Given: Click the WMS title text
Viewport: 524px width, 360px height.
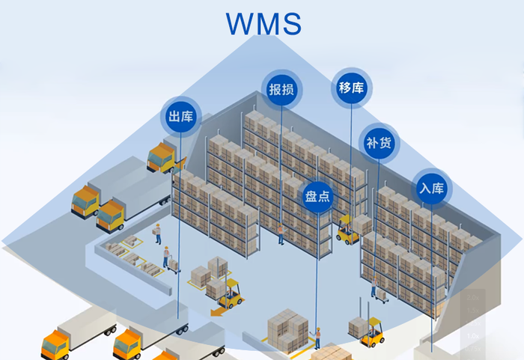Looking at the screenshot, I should coord(264,22).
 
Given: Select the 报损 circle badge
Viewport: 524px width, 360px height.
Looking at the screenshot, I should coord(281,91).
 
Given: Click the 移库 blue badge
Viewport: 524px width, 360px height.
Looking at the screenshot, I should coord(351,88).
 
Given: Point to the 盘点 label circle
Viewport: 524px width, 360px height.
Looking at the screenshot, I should coord(317,198).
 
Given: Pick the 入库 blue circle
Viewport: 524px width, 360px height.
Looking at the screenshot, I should coord(432,188).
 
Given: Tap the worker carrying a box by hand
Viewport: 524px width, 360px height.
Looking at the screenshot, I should coord(158,233).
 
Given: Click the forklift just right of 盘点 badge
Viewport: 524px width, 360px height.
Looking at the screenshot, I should coord(347,231).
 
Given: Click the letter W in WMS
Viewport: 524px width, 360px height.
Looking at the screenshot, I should coord(241,22).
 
